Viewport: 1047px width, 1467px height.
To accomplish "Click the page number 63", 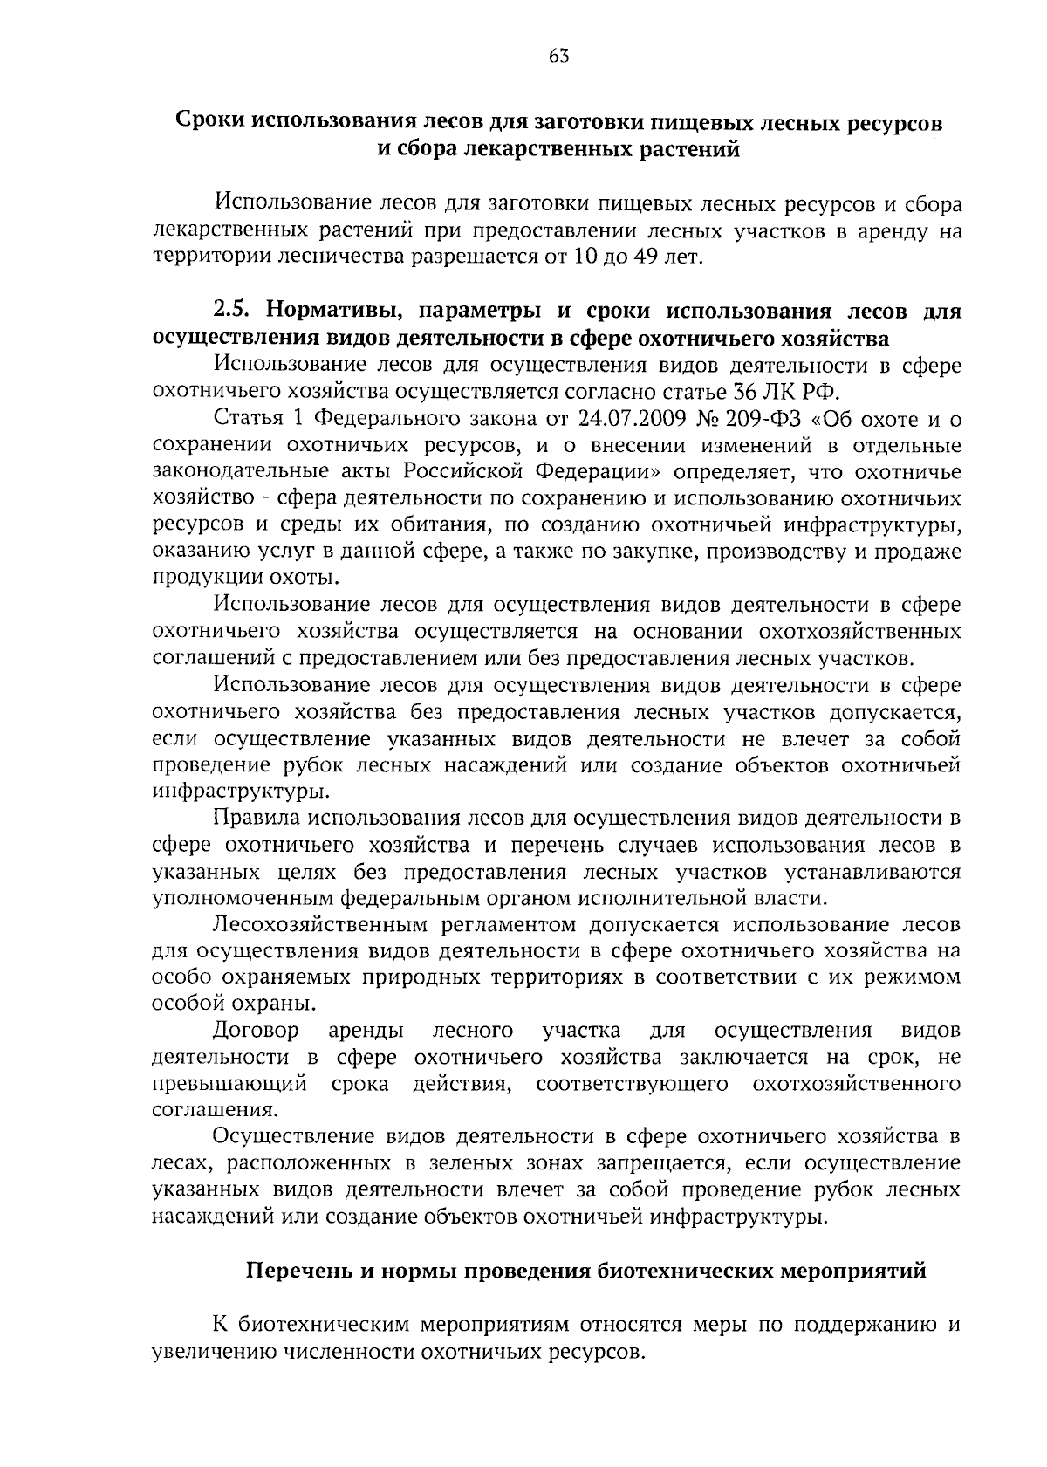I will (559, 57).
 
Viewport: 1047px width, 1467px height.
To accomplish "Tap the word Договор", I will (256, 1032).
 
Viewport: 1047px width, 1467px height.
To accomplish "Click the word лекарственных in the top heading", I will (495, 148).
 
